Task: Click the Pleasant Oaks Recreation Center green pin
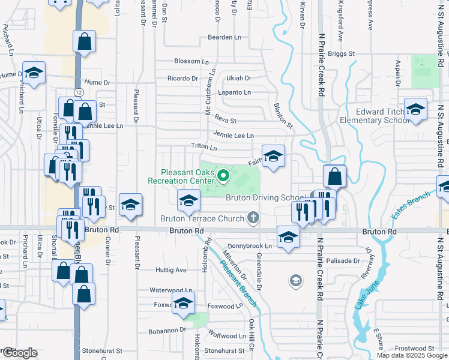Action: [223, 175]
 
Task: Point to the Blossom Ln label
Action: [191, 61]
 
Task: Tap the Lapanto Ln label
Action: [234, 92]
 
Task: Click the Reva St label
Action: [226, 121]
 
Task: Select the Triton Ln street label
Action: [203, 146]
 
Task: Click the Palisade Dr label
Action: [344, 261]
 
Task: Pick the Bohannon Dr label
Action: [167, 331]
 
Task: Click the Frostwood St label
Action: [415, 348]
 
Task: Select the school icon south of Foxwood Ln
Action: [184, 304]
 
